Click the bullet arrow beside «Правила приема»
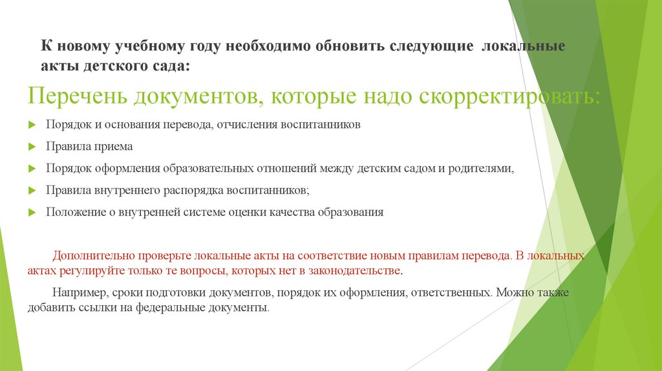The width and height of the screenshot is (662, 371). click(x=32, y=147)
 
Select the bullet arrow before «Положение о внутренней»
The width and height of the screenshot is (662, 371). click(x=32, y=212)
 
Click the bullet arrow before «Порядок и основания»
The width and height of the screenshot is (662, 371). click(x=32, y=125)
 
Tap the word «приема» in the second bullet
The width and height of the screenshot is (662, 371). click(x=116, y=147)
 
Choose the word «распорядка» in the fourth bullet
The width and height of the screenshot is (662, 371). click(x=193, y=190)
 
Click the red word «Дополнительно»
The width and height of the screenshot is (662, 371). click(x=93, y=255)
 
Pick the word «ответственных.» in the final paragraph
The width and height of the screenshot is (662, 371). click(x=449, y=292)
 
